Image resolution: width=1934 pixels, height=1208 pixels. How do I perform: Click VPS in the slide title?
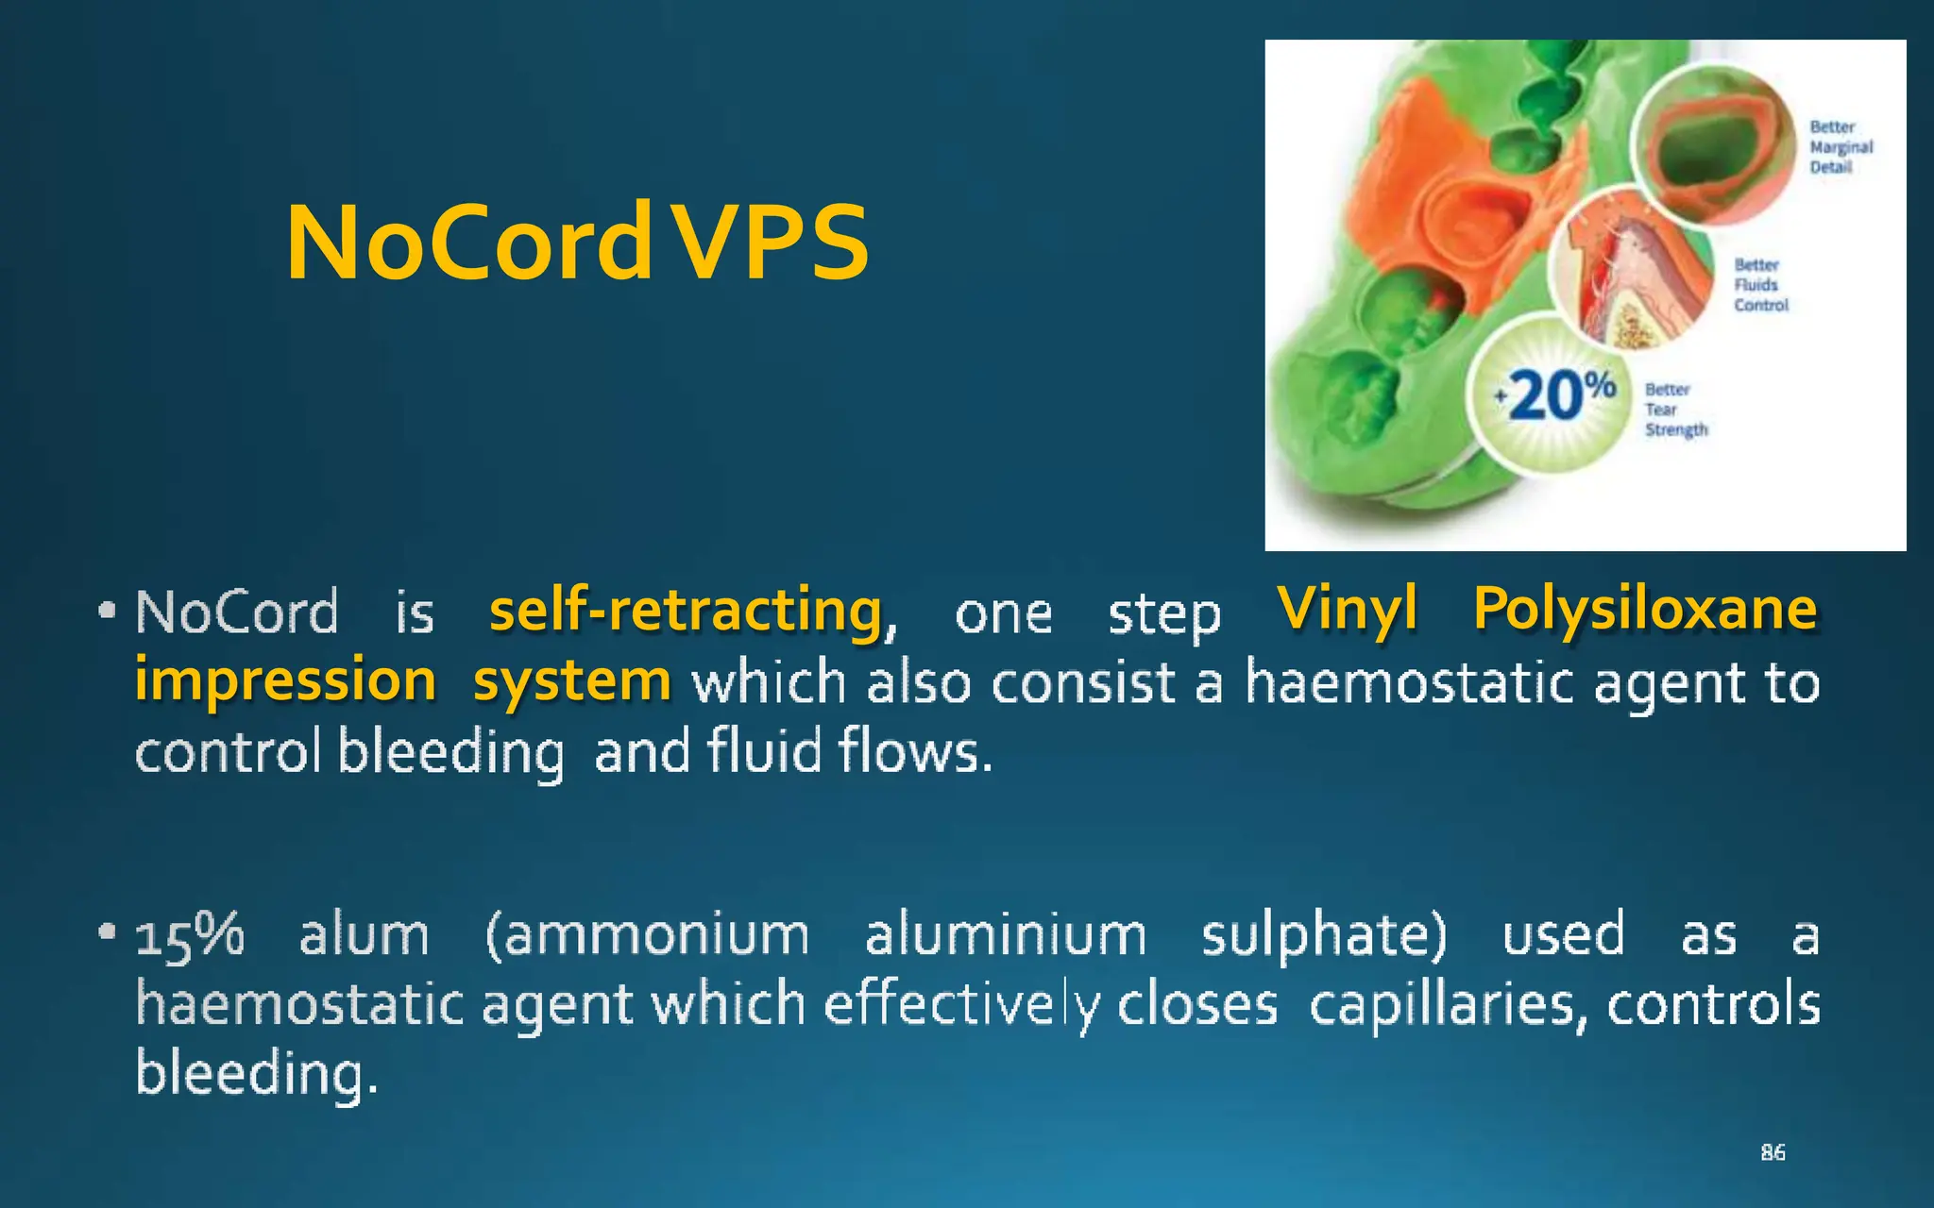point(772,243)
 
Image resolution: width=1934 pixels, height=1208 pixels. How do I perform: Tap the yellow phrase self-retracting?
point(687,611)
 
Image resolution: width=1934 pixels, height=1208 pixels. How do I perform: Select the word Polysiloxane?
point(1645,609)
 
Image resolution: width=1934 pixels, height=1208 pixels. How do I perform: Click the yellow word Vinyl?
point(1348,609)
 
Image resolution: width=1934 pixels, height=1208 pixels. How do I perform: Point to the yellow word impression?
point(285,680)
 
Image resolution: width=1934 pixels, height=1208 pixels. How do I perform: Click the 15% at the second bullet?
point(190,936)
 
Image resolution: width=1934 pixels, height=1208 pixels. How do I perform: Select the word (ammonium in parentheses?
point(648,936)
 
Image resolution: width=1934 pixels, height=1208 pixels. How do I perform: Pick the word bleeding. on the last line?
point(257,1074)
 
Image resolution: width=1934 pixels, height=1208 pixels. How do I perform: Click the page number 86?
point(1773,1152)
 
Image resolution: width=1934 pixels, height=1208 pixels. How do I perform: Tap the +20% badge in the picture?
point(1553,394)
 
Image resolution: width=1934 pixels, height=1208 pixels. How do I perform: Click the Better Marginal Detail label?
point(1841,147)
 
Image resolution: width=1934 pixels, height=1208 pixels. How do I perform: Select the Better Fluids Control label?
point(1760,285)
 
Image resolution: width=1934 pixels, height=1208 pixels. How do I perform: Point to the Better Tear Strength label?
point(1675,410)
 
